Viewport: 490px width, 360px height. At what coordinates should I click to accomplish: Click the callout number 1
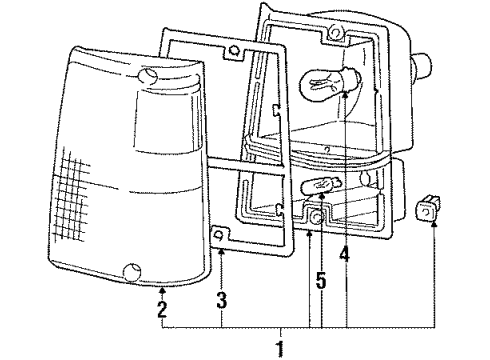click(x=281, y=349)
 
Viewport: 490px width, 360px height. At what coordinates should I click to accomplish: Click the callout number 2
click(x=162, y=308)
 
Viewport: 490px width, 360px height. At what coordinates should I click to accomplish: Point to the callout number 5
click(x=320, y=281)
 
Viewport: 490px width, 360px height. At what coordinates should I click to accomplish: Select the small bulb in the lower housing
click(x=322, y=184)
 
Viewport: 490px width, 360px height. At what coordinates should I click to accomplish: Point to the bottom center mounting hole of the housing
click(x=315, y=216)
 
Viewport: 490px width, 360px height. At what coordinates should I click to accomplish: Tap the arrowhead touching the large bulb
click(x=345, y=92)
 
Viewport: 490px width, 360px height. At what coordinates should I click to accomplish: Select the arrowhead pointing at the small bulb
click(x=322, y=195)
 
